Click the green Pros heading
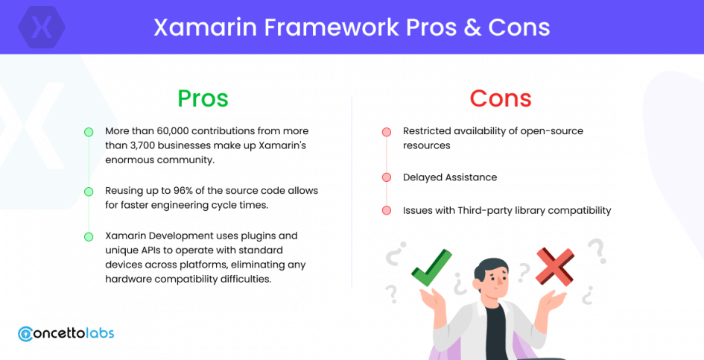203,98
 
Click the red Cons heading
501,98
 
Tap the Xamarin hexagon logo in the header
42,27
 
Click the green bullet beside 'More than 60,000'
89,132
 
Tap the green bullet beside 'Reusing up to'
89,192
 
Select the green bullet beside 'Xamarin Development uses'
89,237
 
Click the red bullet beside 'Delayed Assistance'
387,177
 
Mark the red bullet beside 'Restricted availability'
387,132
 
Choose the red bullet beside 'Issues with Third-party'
387,210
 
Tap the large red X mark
556,267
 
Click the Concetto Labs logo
66,333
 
